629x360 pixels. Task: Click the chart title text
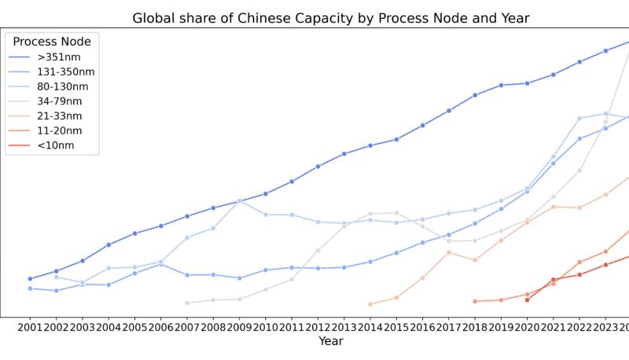(330, 18)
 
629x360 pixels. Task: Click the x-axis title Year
(330, 341)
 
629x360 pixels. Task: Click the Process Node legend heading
(52, 42)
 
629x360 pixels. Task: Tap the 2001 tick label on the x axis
(30, 326)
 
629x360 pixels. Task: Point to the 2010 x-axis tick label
(266, 326)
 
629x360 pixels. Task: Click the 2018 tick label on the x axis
(475, 326)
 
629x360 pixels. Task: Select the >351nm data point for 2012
(318, 167)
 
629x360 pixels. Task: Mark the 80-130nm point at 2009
(239, 200)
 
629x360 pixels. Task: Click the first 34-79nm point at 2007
(187, 303)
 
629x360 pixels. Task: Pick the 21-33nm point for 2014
(370, 304)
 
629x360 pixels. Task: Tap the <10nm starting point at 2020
(527, 299)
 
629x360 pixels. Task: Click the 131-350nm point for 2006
(161, 263)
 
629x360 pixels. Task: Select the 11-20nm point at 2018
(475, 301)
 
